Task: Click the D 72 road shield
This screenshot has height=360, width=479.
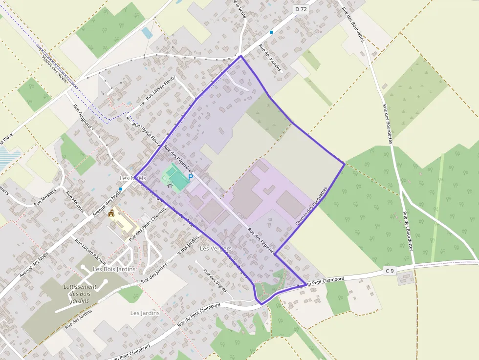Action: [300, 9]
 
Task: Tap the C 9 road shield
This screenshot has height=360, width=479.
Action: [389, 271]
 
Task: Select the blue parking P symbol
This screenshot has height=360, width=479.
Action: [191, 178]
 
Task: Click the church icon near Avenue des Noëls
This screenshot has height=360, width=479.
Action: [112, 213]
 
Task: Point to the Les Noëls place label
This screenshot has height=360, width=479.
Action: [133, 178]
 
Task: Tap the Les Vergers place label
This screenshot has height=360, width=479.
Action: [216, 249]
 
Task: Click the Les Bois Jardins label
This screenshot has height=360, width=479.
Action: [114, 269]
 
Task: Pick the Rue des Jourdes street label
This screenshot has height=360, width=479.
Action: [270, 58]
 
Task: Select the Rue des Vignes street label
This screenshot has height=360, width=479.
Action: [215, 281]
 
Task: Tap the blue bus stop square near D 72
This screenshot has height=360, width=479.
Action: [271, 32]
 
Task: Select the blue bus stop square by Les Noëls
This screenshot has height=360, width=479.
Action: [120, 189]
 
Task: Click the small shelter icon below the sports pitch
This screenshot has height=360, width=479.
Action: [170, 186]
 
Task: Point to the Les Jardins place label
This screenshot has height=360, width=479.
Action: [145, 313]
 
